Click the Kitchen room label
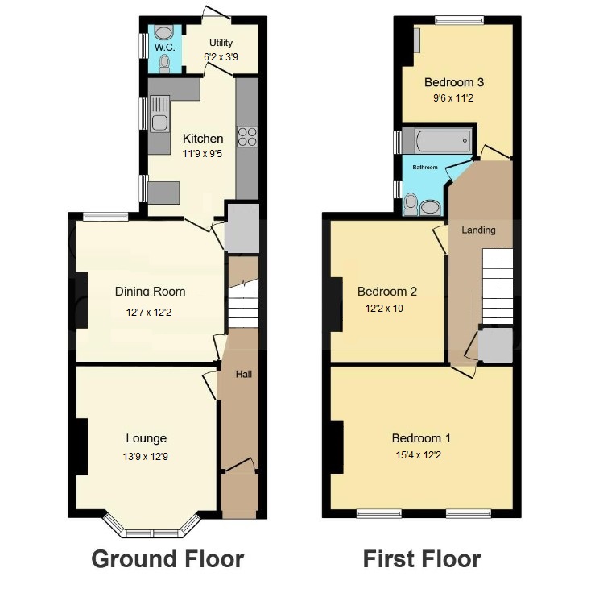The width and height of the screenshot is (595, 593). click(203, 139)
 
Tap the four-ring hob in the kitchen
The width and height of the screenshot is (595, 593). click(247, 137)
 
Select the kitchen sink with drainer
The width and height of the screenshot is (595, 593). click(159, 114)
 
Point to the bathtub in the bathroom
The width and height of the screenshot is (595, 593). click(444, 141)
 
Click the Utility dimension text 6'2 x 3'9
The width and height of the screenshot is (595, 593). click(221, 57)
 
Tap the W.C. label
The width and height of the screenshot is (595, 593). click(165, 48)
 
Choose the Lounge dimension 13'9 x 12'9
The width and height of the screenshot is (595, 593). click(146, 456)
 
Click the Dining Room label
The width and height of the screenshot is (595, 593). click(151, 292)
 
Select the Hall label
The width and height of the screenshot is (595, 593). click(244, 375)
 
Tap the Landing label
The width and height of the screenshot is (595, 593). click(478, 230)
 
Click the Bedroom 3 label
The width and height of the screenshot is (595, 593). click(454, 82)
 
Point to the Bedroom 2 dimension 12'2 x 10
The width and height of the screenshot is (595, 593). click(384, 309)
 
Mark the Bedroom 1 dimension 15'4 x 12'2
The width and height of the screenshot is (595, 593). click(418, 454)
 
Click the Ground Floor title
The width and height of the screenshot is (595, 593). click(167, 559)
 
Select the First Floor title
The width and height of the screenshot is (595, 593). click(422, 559)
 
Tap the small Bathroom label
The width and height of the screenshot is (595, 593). click(425, 167)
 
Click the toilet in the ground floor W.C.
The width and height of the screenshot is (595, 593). click(165, 64)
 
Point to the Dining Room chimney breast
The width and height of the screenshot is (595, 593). click(81, 300)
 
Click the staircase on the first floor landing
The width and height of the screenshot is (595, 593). click(497, 287)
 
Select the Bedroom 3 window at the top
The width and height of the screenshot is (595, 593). click(459, 20)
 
